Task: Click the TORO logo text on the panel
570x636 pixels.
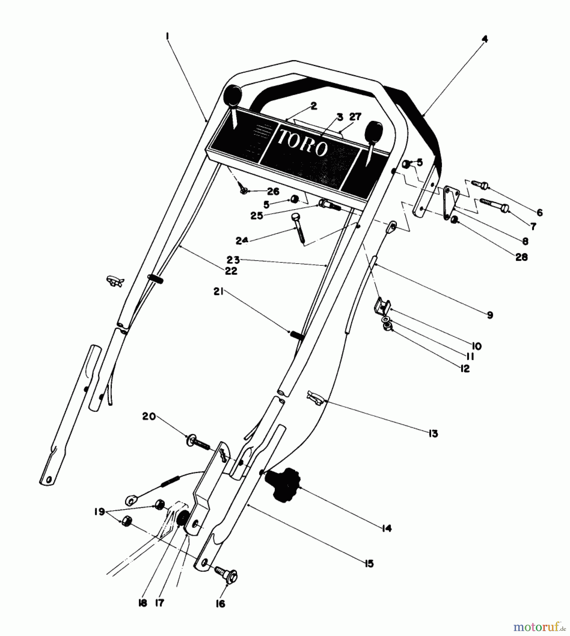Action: [303, 143]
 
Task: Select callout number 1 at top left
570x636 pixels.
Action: [167, 36]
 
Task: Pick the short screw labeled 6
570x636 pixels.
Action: [480, 184]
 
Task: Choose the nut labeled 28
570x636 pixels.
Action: [454, 221]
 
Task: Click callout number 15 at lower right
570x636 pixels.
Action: [369, 563]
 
